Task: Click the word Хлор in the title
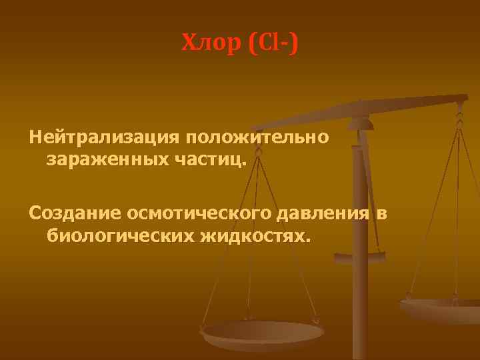pyautogui.click(x=209, y=45)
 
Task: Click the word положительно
pyautogui.click(x=257, y=139)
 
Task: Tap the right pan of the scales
pyautogui.click(x=440, y=308)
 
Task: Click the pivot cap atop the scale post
pyautogui.click(x=361, y=123)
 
